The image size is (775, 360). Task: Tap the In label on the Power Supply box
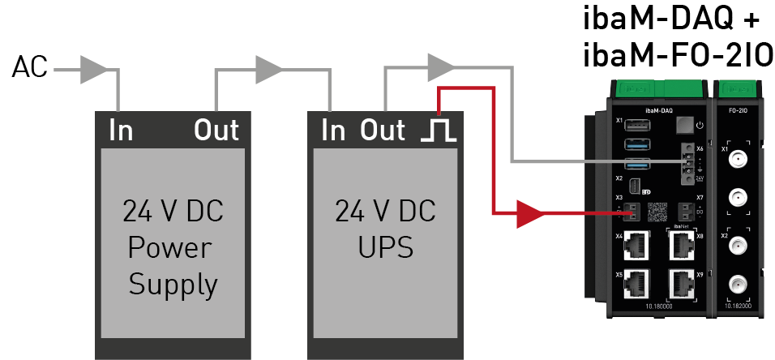121,130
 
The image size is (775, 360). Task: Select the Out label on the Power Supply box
216,130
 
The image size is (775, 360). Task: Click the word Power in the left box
173,247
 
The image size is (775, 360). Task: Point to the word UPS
384,247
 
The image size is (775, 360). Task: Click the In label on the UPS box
332,130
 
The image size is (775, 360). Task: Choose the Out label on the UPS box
383,130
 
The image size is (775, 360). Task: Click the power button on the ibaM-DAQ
686,125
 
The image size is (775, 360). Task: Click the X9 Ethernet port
680,281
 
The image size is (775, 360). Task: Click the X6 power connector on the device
687,161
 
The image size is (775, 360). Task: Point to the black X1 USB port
637,125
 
